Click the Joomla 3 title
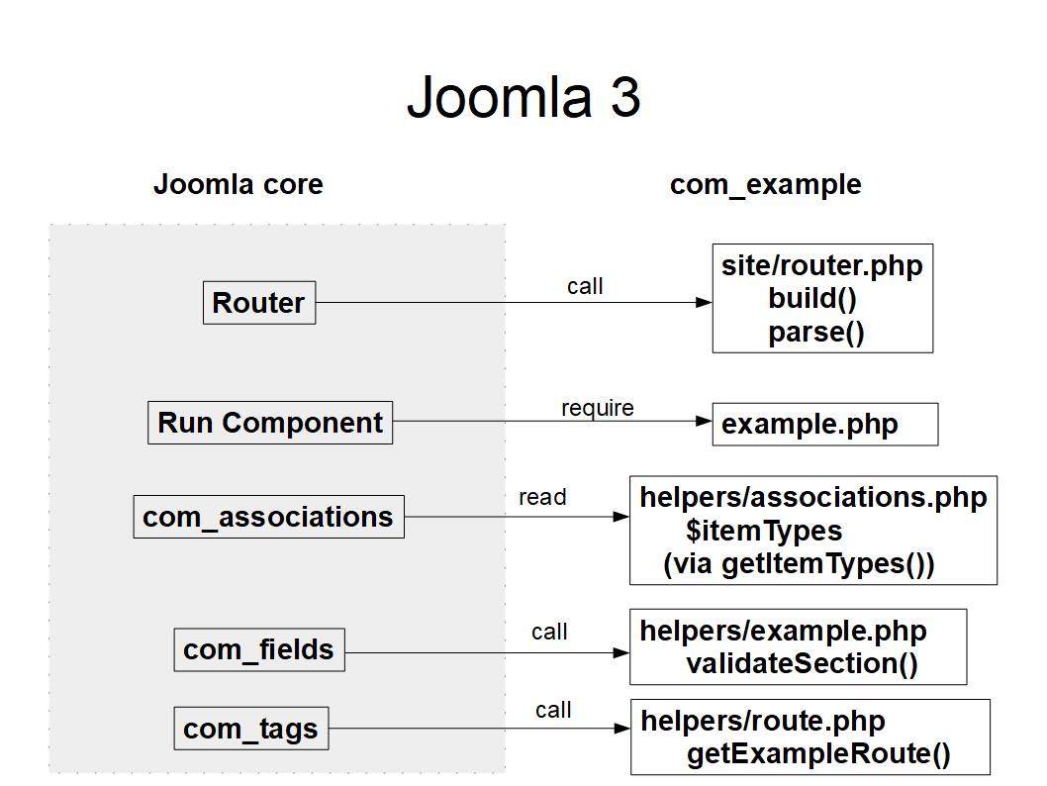tap(523, 97)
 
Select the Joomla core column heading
tap(238, 184)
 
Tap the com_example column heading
tap(765, 184)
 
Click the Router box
tap(258, 303)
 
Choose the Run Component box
tap(270, 423)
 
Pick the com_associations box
tap(268, 517)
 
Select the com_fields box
tap(258, 649)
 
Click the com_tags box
tap(250, 729)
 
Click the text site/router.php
tap(821, 266)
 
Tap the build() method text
tap(812, 299)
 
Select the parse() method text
tap(816, 332)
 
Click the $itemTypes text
tap(764, 531)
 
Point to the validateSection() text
tap(802, 663)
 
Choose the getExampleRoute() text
tap(818, 754)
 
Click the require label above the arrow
tap(597, 408)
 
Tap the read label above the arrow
tap(542, 497)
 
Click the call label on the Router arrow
tap(585, 286)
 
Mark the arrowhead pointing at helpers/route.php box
tap(622, 729)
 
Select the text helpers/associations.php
tap(812, 497)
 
